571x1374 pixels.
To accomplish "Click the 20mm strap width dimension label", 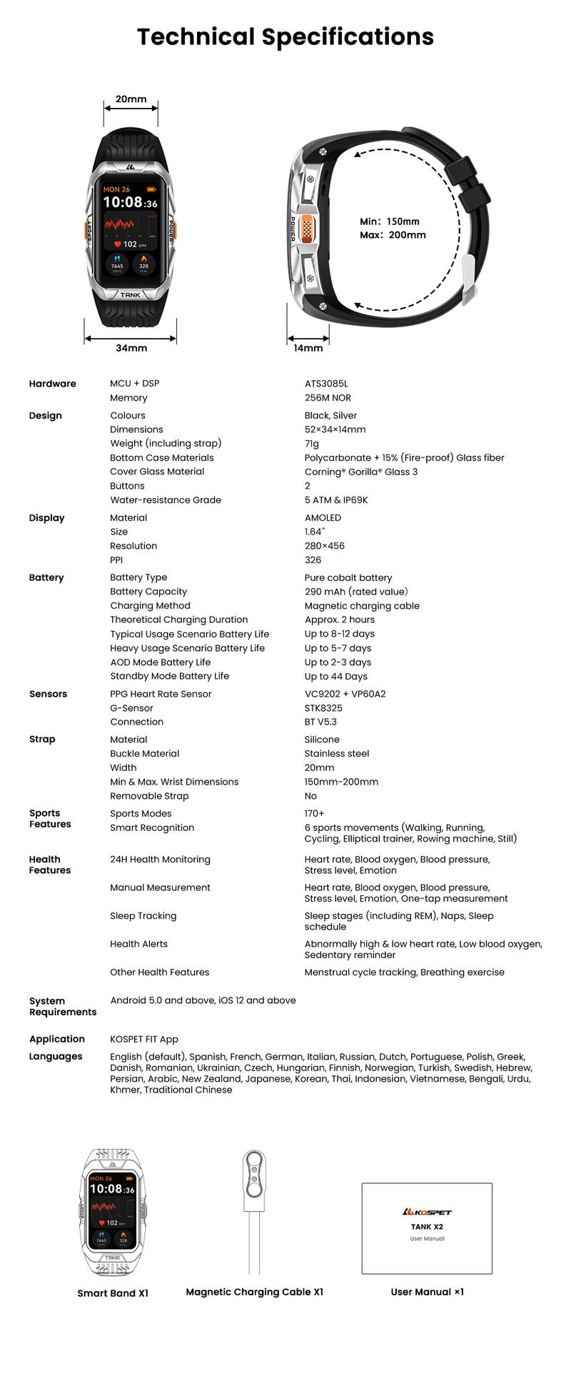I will [131, 99].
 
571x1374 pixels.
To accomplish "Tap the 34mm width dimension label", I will [131, 348].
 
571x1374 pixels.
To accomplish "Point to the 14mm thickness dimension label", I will [308, 348].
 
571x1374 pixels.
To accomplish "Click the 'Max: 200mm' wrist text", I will [393, 235].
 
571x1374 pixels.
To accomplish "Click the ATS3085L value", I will [326, 384].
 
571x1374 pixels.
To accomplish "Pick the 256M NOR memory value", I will [328, 398].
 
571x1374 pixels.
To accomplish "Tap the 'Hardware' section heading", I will [52, 384].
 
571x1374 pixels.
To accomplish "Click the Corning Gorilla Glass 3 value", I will [361, 472].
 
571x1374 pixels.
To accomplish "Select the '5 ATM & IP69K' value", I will [336, 500].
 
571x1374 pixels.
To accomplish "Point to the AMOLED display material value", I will [323, 518].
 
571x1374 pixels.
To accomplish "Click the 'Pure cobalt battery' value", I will [348, 577].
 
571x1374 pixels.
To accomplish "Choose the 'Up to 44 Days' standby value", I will [336, 677].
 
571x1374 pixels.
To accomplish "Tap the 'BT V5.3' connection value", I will [320, 722].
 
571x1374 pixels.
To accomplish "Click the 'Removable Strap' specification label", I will [149, 796].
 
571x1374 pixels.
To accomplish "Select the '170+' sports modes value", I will [314, 814].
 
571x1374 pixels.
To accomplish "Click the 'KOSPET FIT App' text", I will [144, 1040].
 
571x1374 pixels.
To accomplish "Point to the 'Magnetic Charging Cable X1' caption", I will [254, 1292].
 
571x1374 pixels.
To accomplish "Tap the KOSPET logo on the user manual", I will [427, 1212].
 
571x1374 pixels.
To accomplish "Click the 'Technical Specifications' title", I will [285, 36].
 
